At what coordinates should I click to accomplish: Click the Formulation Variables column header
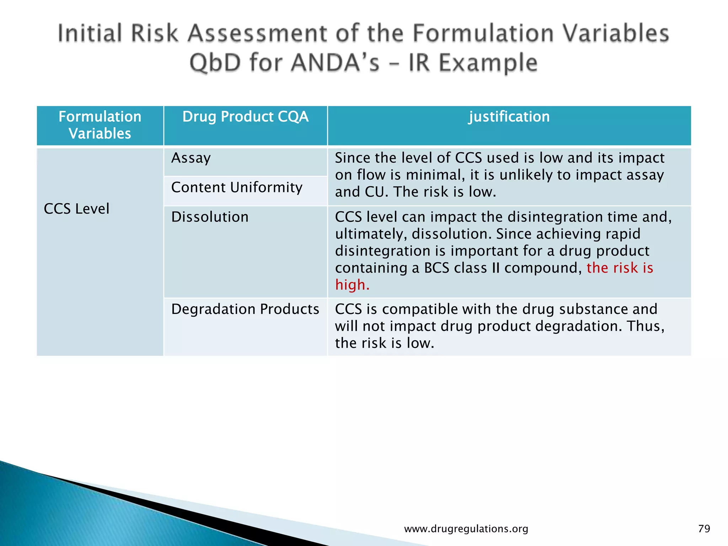pyautogui.click(x=100, y=125)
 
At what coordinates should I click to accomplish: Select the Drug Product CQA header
pyautogui.click(x=245, y=117)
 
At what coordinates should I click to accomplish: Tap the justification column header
pyautogui.click(x=509, y=117)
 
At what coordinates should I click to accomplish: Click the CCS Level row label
pyautogui.click(x=76, y=209)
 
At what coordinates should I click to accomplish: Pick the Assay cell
pyautogui.click(x=191, y=158)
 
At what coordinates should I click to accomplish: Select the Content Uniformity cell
pyautogui.click(x=237, y=188)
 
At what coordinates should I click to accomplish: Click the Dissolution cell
pyautogui.click(x=210, y=217)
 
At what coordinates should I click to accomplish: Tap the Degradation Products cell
pyautogui.click(x=245, y=309)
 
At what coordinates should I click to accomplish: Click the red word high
pyautogui.click(x=352, y=285)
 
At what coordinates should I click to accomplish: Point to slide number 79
pyautogui.click(x=704, y=529)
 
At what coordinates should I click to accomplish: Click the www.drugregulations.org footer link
pyautogui.click(x=466, y=529)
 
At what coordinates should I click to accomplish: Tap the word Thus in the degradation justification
pyautogui.click(x=645, y=326)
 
